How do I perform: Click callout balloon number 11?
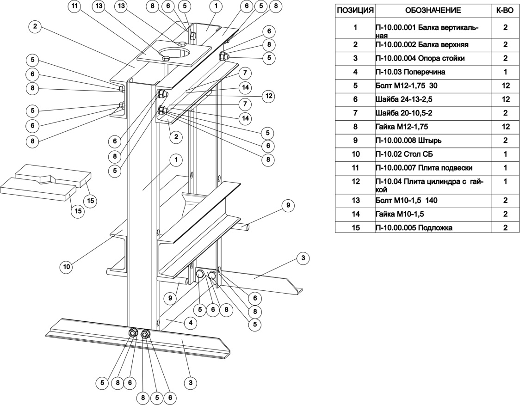point(75,6)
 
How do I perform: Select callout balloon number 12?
point(268,96)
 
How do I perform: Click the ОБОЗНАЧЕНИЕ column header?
point(433,10)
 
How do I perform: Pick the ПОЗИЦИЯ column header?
point(355,10)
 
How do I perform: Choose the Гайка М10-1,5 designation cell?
point(433,214)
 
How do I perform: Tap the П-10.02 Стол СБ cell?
point(433,153)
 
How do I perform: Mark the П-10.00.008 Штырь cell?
point(433,140)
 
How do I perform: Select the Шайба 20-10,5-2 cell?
point(433,113)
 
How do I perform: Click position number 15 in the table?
point(355,227)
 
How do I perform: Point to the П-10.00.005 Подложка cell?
point(433,227)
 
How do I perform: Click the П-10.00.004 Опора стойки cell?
point(433,58)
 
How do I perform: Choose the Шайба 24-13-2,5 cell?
point(433,99)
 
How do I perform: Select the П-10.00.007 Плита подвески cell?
point(433,167)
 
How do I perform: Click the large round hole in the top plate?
point(177,50)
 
